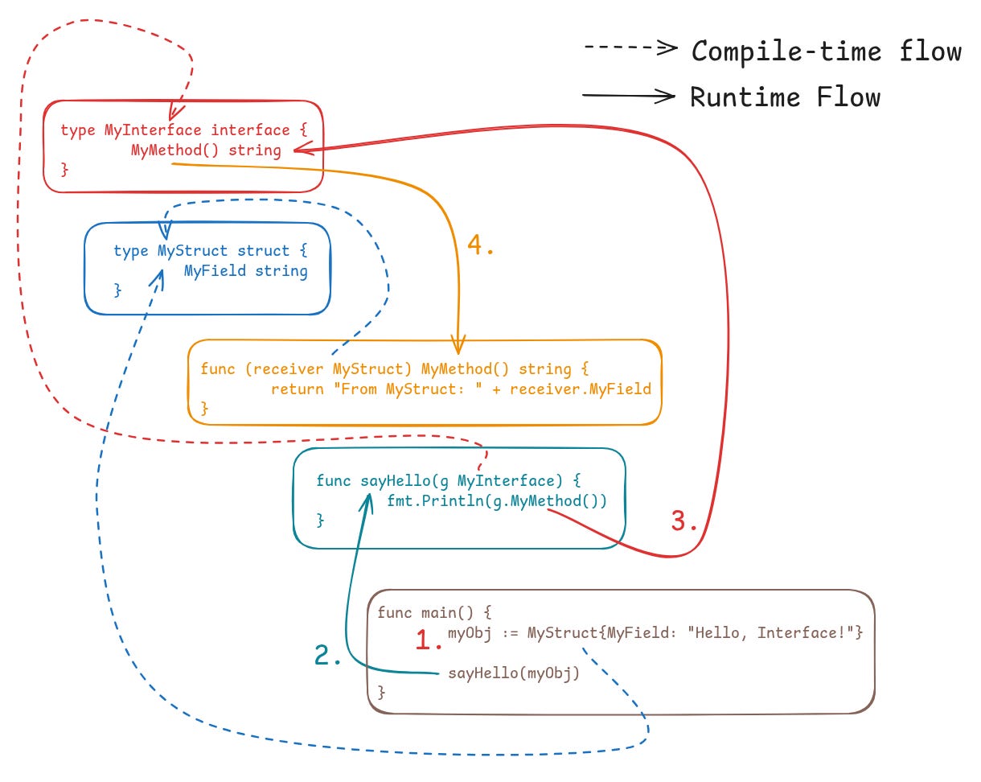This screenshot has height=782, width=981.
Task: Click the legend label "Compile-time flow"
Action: click(827, 51)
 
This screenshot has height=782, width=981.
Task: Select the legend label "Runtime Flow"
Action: click(785, 97)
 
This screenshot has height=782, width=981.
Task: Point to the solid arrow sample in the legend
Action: click(629, 97)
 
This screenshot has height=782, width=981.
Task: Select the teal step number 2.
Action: click(327, 656)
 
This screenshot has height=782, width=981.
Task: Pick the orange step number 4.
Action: click(480, 246)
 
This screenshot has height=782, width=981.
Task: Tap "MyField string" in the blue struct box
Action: click(245, 271)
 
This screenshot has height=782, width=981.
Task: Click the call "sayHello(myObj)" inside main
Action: click(513, 673)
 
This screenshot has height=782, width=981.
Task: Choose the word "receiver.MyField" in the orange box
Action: click(580, 389)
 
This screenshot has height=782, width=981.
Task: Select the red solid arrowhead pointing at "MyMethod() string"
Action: click(299, 150)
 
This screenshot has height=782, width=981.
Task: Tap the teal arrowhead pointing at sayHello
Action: click(370, 499)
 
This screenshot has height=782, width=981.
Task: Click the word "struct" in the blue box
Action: click(263, 251)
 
